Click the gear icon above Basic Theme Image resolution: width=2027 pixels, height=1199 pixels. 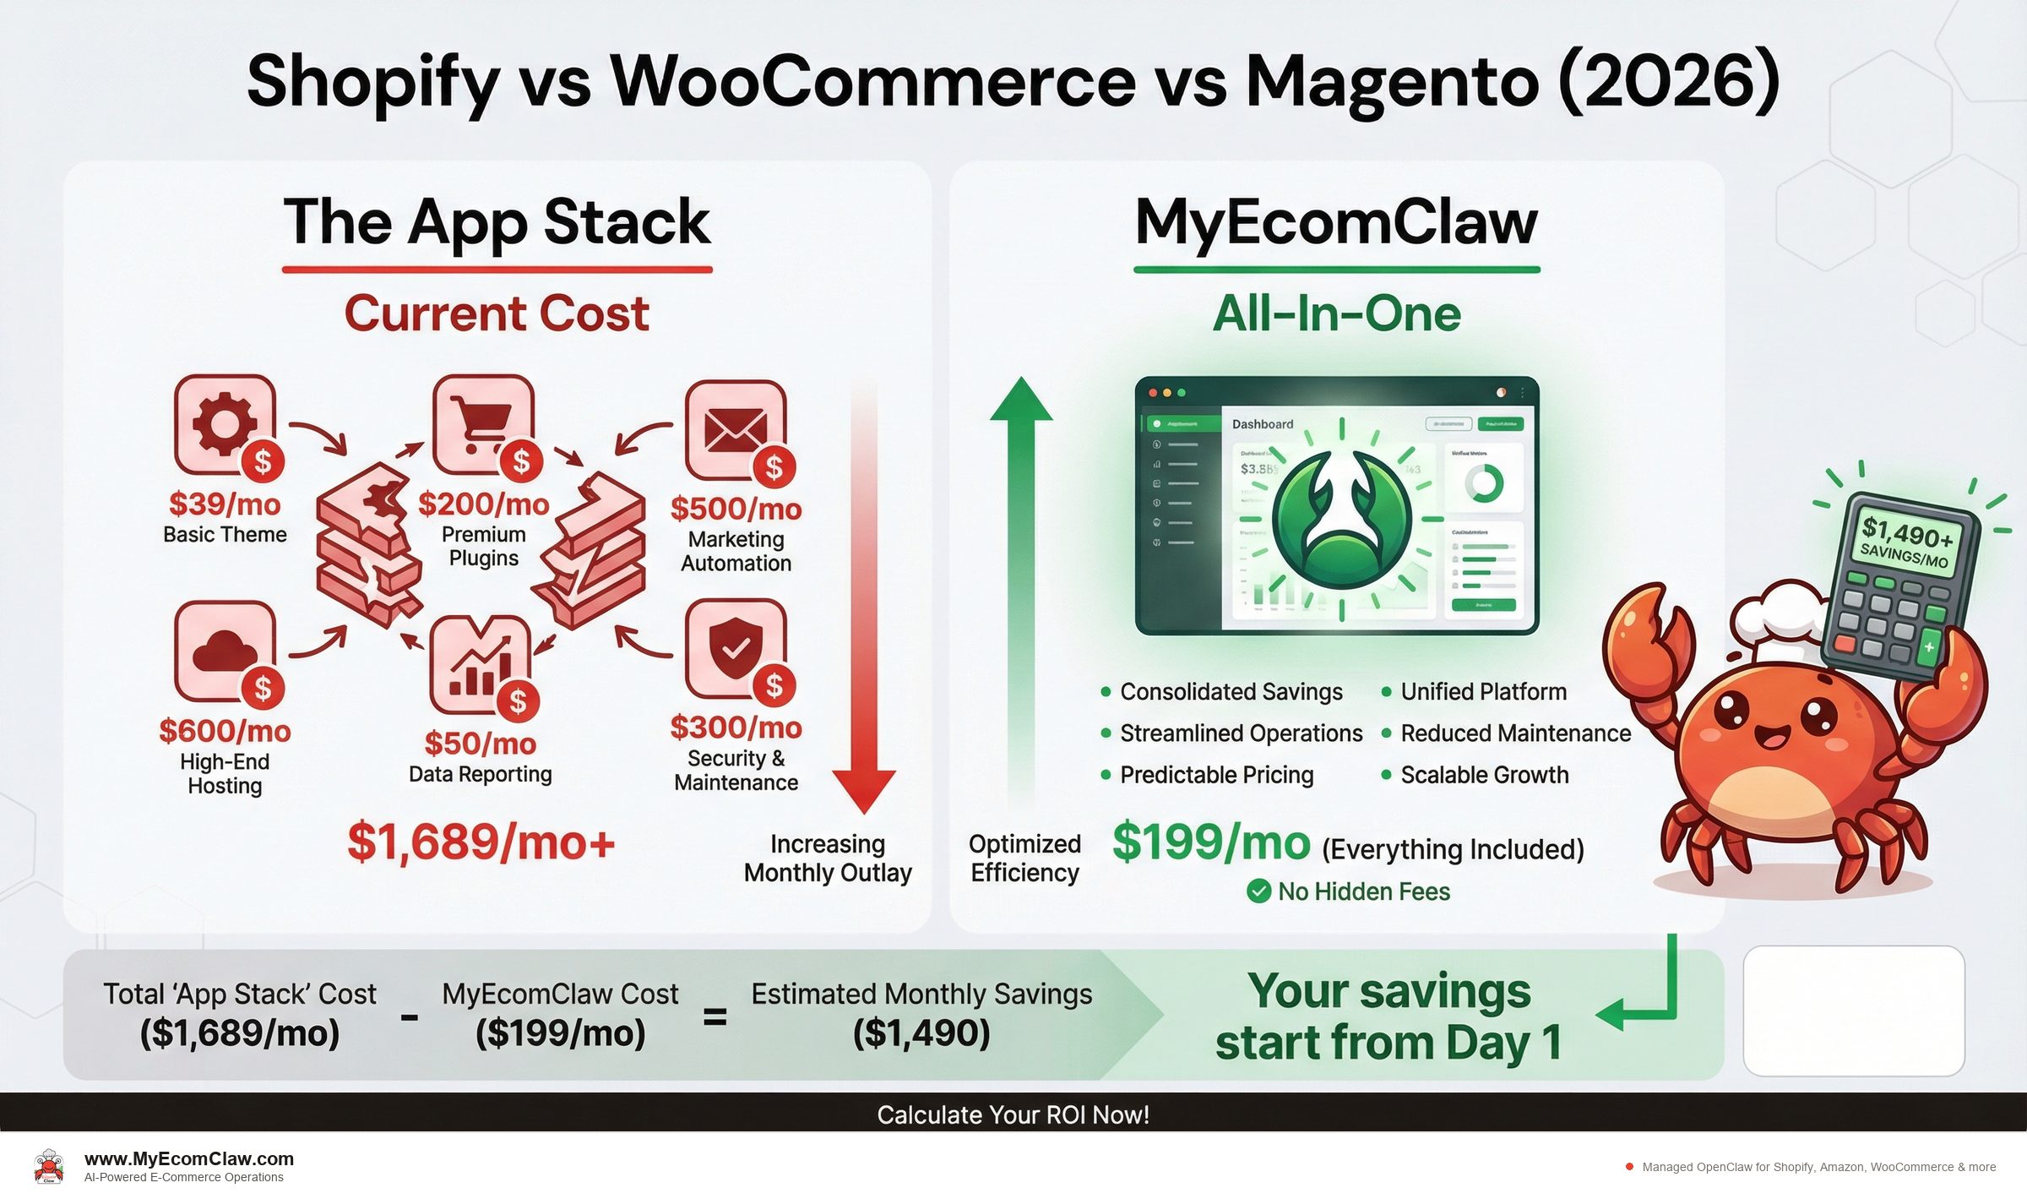point(223,422)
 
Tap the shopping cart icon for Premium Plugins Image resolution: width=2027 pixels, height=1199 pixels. point(482,422)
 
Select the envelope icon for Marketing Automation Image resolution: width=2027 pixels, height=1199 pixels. point(735,429)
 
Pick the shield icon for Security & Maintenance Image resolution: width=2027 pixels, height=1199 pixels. point(735,647)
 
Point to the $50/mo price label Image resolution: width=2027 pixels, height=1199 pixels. point(480,744)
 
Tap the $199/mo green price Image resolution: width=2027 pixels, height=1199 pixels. point(1210,842)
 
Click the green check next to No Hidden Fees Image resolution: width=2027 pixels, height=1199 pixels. point(1258,891)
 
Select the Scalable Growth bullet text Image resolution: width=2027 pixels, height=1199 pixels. point(1484,775)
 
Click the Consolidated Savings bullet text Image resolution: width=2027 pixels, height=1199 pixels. point(1231,692)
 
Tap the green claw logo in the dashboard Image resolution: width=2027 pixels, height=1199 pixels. point(1341,520)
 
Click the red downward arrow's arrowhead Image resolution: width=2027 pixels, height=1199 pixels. point(863,790)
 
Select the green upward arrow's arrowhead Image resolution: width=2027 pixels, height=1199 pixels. point(1021,401)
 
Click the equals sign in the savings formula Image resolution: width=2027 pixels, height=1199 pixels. point(715,1017)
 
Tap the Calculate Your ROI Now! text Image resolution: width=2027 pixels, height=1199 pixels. point(1013,1115)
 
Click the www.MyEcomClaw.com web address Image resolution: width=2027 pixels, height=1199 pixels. point(189,1159)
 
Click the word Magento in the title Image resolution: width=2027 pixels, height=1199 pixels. point(1392,82)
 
